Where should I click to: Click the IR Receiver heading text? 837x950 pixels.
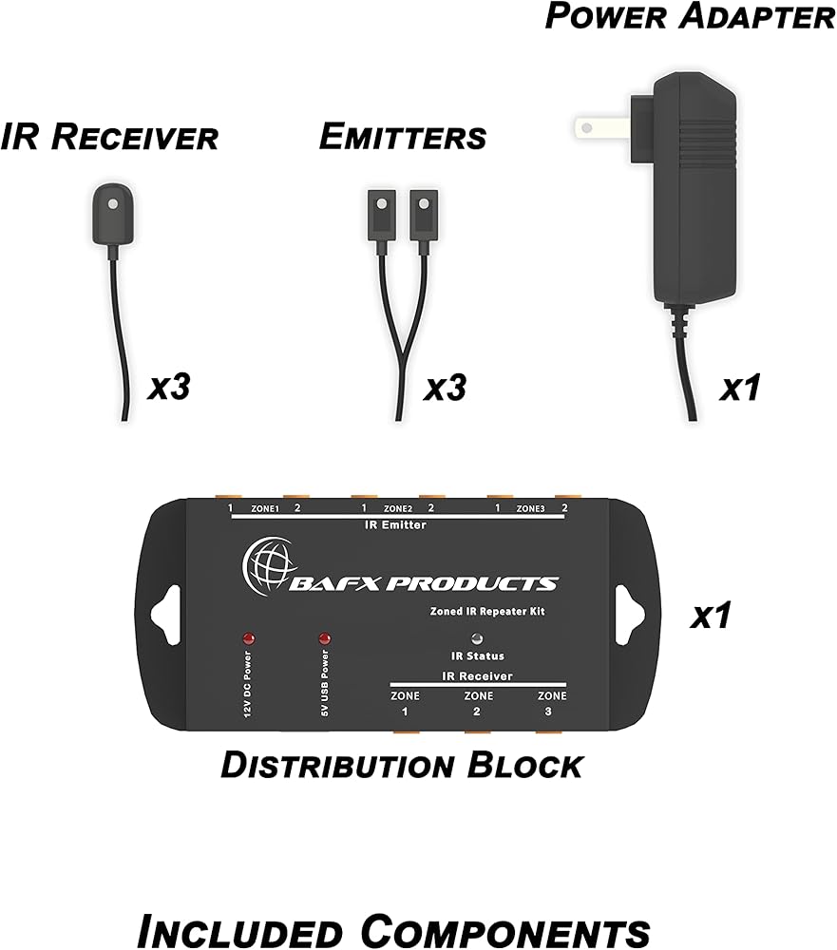[110, 137]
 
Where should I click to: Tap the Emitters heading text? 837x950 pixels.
[403, 137]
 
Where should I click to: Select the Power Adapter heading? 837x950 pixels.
[690, 16]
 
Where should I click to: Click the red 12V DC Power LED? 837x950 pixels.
[250, 637]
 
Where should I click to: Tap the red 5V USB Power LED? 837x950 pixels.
[325, 637]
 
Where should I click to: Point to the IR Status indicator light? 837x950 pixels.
[476, 637]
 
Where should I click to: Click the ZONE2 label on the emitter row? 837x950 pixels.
[397, 508]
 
